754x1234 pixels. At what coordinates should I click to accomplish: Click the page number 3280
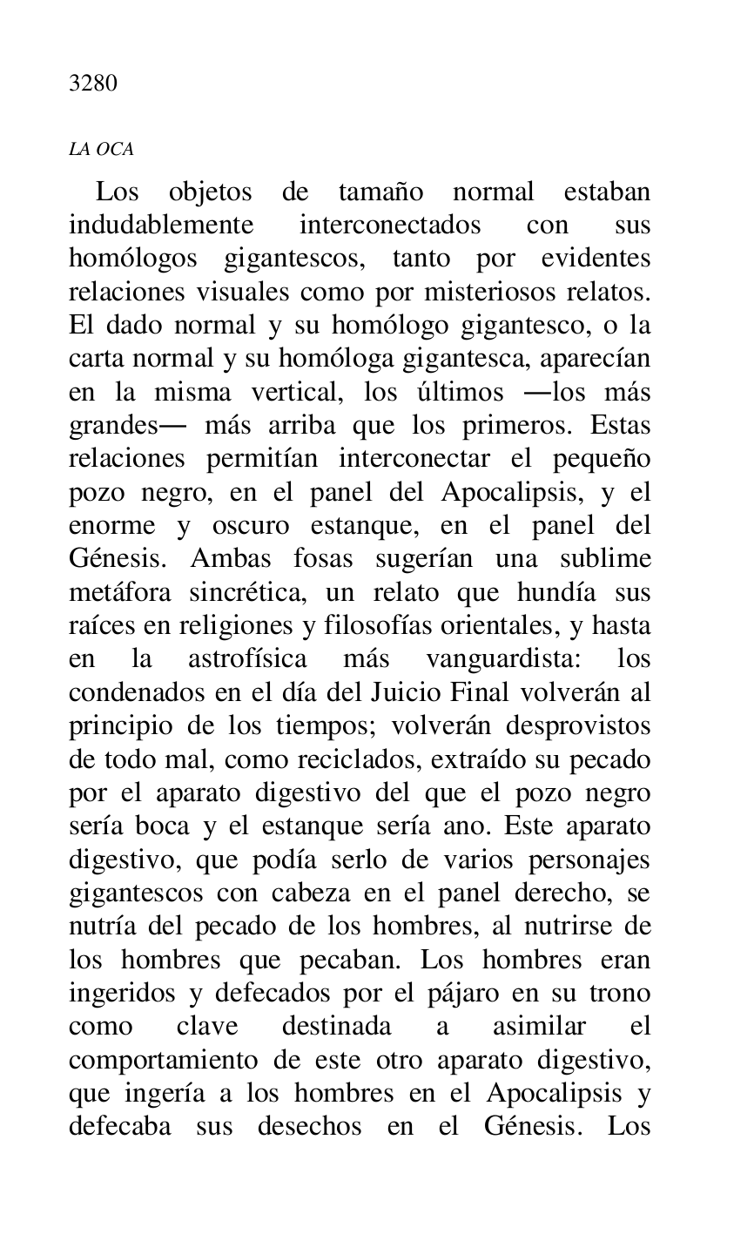pyautogui.click(x=92, y=84)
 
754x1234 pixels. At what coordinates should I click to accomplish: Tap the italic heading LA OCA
pyautogui.click(x=101, y=150)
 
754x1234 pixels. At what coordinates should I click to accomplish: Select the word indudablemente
pyautogui.click(x=161, y=225)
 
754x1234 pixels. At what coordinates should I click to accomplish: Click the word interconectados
pyautogui.click(x=389, y=225)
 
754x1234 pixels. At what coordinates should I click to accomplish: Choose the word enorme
pyautogui.click(x=112, y=526)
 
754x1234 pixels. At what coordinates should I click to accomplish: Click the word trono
pyautogui.click(x=620, y=994)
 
